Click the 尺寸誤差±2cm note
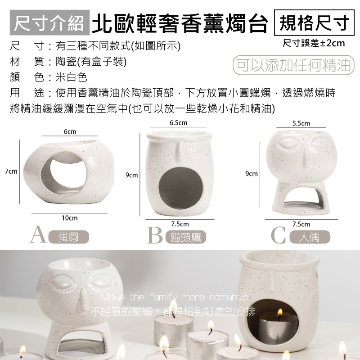pyautogui.click(x=314, y=44)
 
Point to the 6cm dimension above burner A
pyautogui.click(x=69, y=131)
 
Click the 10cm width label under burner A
pyautogui.click(x=69, y=217)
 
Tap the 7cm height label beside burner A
pyautogui.click(x=10, y=171)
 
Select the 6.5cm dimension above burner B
pyautogui.click(x=178, y=122)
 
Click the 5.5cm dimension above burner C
pyautogui.click(x=301, y=123)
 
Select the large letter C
pyautogui.click(x=279, y=236)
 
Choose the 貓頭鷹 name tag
pyautogui.click(x=185, y=237)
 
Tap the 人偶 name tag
pyautogui.click(x=310, y=237)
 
